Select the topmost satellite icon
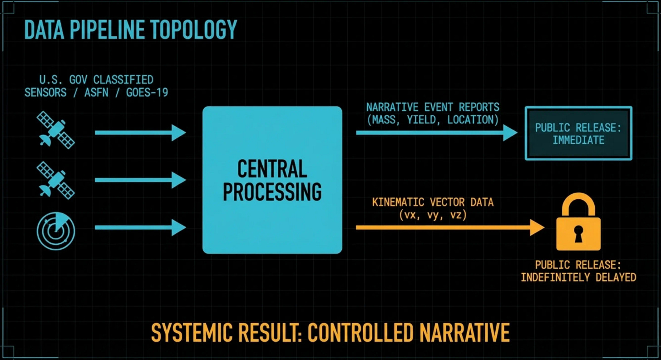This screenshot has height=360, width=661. click(x=56, y=130)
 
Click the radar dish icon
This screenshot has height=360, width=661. click(x=56, y=231)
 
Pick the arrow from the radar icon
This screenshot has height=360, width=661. click(x=140, y=227)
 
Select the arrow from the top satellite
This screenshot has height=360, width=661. click(x=140, y=133)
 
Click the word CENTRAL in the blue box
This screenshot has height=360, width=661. click(x=272, y=170)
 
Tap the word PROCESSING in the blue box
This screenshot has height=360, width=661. click(x=272, y=192)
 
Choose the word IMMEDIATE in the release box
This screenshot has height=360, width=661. click(x=578, y=140)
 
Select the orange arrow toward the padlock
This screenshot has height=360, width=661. click(x=449, y=227)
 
